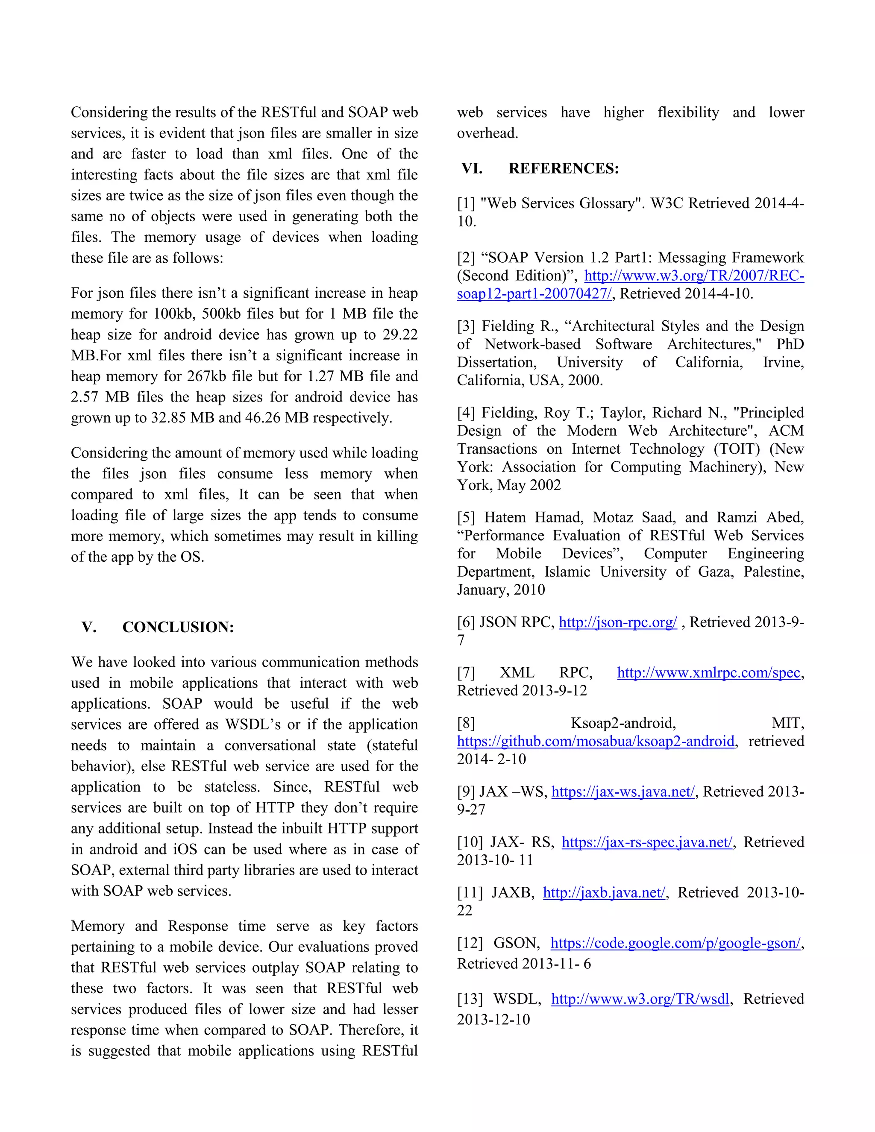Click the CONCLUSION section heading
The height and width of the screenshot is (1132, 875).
coord(178,627)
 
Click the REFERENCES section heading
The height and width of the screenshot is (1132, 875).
coord(564,168)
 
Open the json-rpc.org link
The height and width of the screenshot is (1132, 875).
coord(617,622)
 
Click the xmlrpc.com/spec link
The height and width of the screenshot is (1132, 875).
coord(709,672)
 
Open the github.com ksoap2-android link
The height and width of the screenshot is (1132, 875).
coord(596,741)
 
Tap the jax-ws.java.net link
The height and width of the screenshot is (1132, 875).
coord(622,792)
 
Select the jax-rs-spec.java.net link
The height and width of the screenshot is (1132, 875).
coord(647,842)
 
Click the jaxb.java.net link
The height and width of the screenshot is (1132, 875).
coord(604,892)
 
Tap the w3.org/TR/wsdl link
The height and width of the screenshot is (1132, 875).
coord(640,999)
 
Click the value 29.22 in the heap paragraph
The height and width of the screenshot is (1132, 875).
coord(399,334)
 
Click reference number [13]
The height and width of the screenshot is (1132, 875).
coord(470,999)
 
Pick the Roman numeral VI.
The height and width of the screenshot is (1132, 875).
coord(472,168)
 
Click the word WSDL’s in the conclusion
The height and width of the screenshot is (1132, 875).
coord(253,724)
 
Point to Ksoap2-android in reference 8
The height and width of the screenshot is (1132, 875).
coord(623,723)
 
